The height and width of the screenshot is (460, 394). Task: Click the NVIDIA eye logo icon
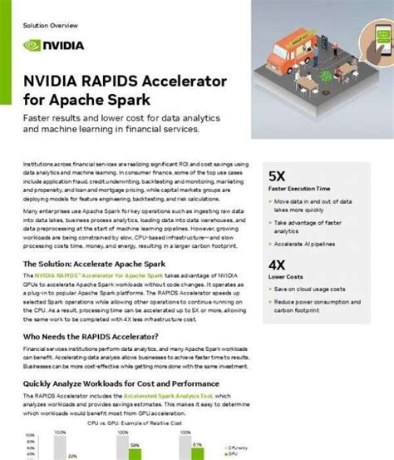(x=32, y=46)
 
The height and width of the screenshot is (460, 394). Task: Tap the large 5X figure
(x=278, y=177)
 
